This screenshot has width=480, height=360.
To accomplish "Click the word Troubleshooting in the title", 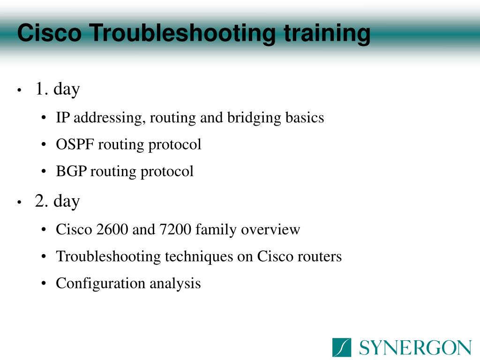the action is (184, 33).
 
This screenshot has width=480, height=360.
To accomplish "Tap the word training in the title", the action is (327, 33).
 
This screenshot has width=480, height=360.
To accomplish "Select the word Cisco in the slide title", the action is (50, 33).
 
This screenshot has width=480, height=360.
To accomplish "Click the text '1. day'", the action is (58, 90).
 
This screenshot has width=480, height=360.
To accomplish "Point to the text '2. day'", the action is (57, 202).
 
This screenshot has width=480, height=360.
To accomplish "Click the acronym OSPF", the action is (75, 144).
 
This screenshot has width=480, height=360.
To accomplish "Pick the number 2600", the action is (112, 229).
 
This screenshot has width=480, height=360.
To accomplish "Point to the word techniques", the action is (199, 257).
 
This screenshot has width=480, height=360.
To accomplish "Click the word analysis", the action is (175, 284).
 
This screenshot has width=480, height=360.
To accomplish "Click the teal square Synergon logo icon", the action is (342, 347).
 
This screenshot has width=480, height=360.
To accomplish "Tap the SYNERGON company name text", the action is (415, 348).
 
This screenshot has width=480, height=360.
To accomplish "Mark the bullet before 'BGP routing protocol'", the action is (44, 172).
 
